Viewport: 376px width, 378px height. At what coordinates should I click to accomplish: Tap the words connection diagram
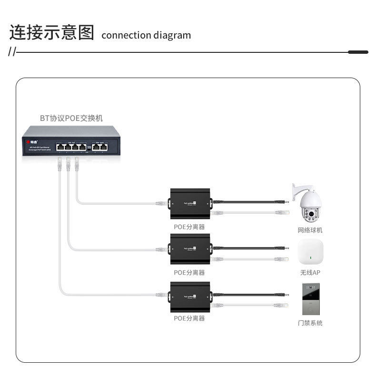coord(146,35)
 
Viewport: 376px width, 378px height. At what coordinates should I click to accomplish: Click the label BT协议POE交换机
coord(71,118)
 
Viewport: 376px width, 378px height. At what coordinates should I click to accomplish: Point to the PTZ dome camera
coord(308,204)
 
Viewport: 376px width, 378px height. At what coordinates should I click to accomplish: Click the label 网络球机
coord(310,230)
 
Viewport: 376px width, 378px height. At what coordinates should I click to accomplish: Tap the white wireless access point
coord(310,253)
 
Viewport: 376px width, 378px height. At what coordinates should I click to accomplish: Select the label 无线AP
coord(310,273)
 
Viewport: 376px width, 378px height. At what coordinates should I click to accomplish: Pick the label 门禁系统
coord(310,323)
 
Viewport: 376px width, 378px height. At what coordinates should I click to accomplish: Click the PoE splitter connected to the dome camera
coord(190,203)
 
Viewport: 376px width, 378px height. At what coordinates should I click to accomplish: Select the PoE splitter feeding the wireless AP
coord(190,249)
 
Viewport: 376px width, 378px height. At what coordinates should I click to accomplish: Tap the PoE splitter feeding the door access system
coord(190,296)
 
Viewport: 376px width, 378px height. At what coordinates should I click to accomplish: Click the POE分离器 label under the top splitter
coord(189,228)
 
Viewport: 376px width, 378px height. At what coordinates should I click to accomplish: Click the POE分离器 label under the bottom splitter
coord(189,318)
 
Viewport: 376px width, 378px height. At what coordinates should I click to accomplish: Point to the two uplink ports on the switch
coord(100,147)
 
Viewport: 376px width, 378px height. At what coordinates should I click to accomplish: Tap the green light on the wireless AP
coord(310,258)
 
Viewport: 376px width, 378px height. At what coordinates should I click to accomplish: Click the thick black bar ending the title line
coord(358,52)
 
